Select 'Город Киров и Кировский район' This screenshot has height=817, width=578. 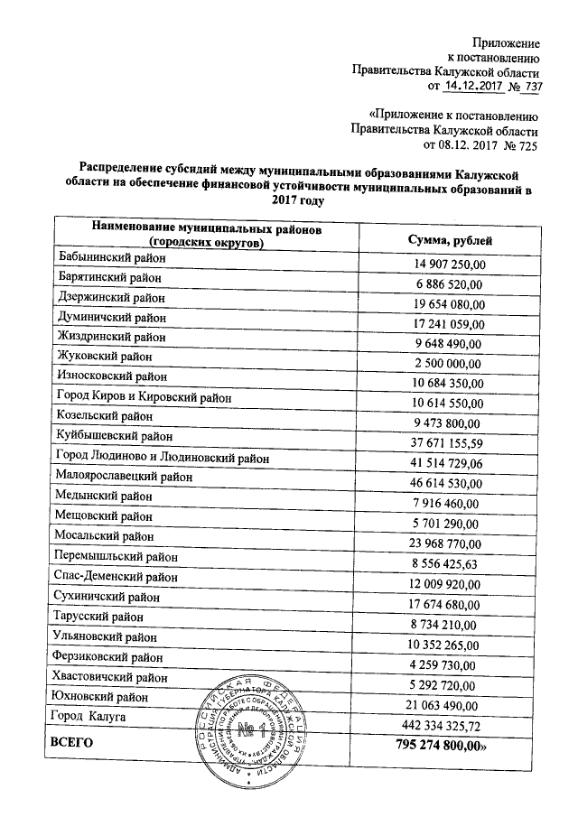[x=143, y=396]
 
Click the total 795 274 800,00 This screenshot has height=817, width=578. [x=442, y=746]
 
